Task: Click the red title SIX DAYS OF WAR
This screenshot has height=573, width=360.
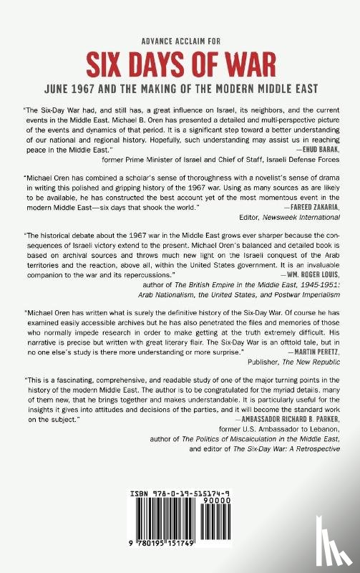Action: coord(180,64)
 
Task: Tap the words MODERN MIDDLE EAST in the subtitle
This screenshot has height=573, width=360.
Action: coord(278,90)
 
